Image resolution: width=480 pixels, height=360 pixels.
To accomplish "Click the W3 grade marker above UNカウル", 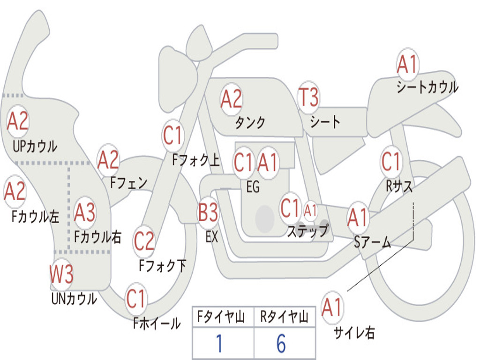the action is [x=61, y=274].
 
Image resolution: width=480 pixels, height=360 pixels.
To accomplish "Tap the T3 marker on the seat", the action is [x=308, y=97].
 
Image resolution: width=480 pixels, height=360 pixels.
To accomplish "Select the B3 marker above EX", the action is [x=208, y=212].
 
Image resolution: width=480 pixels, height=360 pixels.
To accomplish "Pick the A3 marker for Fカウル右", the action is [x=84, y=212].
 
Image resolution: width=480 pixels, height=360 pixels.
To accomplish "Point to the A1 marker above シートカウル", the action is [x=407, y=64].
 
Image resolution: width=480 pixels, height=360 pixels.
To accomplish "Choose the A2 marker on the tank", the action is [x=232, y=99].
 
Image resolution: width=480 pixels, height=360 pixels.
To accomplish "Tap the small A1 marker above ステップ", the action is [x=310, y=210].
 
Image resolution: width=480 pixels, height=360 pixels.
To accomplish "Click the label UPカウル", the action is [x=35, y=146].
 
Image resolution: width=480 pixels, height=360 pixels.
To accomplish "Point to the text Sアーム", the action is [x=373, y=242].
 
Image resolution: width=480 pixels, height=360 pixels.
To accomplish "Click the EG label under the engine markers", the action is [x=253, y=187].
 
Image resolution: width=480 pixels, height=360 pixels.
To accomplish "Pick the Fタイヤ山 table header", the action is [x=221, y=317].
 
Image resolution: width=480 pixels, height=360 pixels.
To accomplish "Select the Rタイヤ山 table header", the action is [x=284, y=317].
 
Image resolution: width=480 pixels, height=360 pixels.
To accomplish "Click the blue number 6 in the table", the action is [x=281, y=344].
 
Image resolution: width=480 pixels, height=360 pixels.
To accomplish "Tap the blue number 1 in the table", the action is [x=219, y=344].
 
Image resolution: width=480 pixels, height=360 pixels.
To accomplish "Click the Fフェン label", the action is [x=128, y=183].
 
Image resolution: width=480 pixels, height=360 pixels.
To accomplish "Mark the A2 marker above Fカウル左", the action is [x=15, y=191].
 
